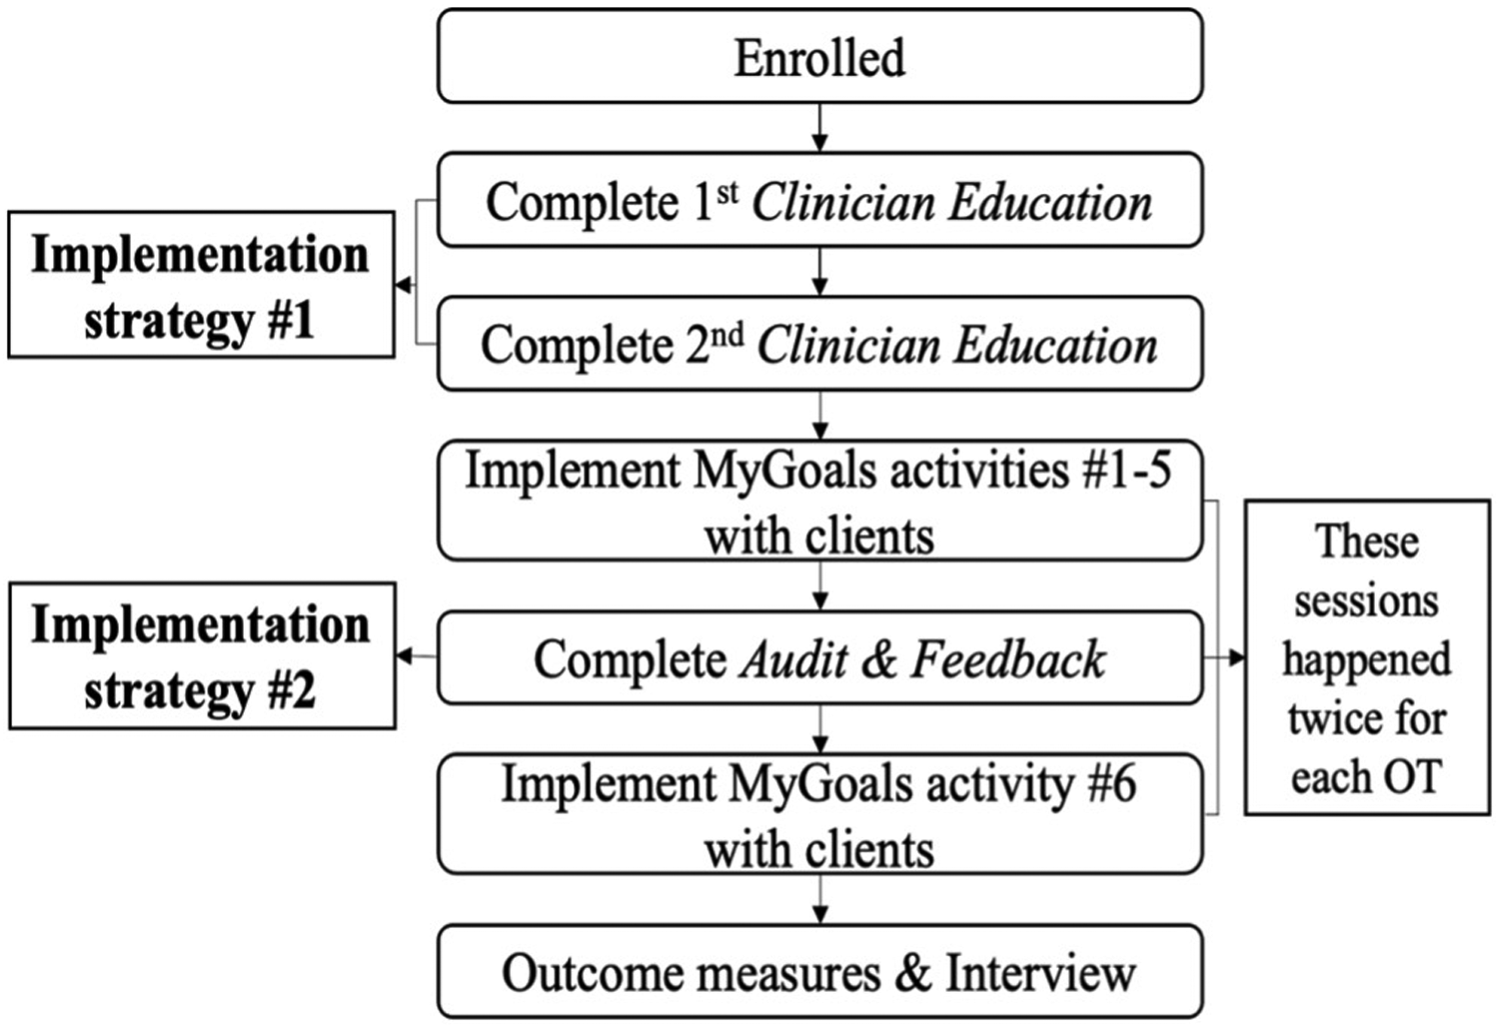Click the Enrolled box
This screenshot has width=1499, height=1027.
(x=819, y=57)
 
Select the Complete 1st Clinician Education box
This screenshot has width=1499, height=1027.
(x=819, y=201)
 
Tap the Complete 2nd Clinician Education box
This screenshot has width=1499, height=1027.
(x=819, y=345)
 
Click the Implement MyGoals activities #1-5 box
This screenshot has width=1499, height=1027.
(x=819, y=502)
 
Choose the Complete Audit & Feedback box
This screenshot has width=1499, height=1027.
(x=819, y=659)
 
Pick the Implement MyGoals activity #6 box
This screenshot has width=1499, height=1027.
(x=819, y=815)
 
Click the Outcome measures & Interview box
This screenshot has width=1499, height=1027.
(x=819, y=973)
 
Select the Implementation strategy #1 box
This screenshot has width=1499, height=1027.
(x=201, y=286)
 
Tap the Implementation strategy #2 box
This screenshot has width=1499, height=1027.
(x=201, y=656)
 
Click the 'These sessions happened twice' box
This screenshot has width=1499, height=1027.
(x=1366, y=658)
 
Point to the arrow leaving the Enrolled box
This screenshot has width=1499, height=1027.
(x=819, y=128)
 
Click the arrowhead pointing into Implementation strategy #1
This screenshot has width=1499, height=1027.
(x=403, y=286)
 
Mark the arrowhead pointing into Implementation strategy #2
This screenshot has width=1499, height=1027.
(x=404, y=656)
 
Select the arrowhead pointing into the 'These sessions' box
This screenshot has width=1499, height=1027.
(x=1237, y=658)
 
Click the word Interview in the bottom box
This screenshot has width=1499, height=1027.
(x=1040, y=973)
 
